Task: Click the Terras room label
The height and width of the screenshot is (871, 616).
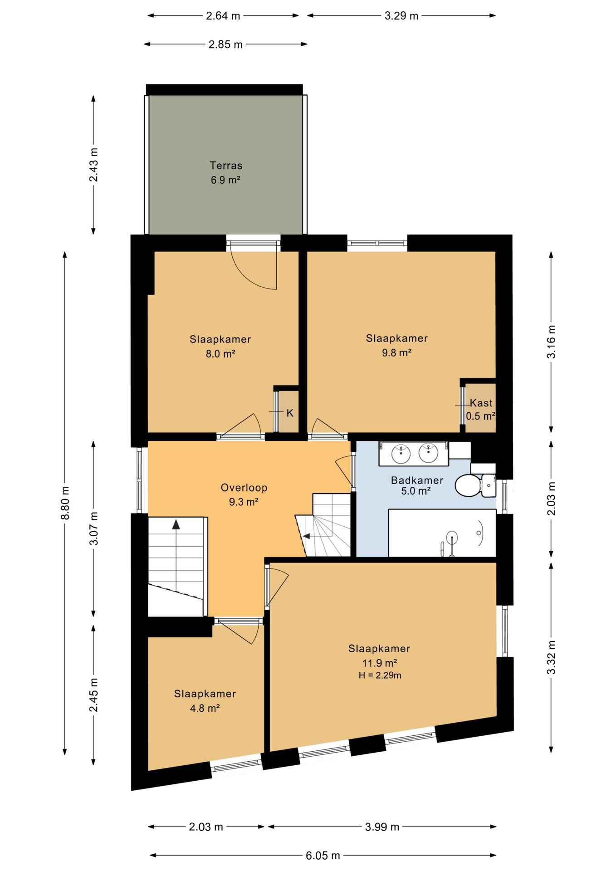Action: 226,166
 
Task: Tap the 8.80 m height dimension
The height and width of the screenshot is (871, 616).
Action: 65,503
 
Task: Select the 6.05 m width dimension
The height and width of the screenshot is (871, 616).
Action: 323,856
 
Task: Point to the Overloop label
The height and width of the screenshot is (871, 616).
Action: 244,488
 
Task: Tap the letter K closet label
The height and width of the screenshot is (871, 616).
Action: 290,413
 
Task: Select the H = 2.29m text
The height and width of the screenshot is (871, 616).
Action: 380,675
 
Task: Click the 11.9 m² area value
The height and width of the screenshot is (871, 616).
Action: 380,663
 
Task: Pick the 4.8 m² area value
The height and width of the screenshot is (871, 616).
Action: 205,708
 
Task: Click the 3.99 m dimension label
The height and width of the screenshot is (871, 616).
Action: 382,827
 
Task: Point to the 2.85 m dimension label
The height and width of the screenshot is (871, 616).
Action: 225,44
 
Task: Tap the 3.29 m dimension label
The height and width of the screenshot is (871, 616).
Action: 401,16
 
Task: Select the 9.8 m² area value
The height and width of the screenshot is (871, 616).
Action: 397,352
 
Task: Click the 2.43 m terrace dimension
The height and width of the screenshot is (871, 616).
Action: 93,165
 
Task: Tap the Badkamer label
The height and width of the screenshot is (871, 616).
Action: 417,480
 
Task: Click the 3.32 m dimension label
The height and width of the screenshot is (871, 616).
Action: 551,657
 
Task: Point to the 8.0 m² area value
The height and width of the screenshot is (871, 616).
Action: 220,353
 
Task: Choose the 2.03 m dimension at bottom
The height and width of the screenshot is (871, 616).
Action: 206,827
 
